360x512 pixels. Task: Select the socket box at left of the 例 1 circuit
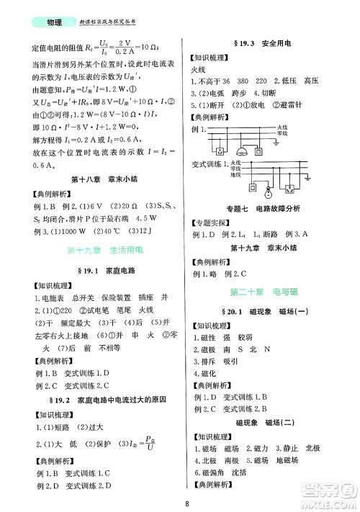(220, 152)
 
